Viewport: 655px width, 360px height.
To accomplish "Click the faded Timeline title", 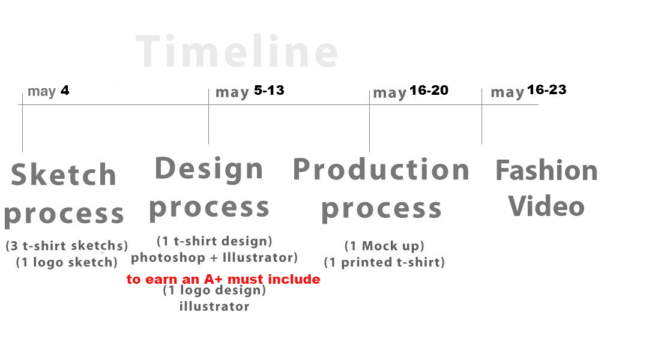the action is pos(237,51).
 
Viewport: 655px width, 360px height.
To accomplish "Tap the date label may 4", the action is pos(48,91).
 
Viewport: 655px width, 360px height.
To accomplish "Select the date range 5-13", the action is pos(269,90).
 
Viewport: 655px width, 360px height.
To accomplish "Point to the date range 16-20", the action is pos(429,90).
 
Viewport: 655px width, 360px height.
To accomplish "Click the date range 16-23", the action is pos(546,90).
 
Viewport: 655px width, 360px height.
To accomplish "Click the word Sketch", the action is pos(64,175).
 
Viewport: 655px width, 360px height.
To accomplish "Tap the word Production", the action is pos(381,170).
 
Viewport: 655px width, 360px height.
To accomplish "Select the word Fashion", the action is pos(546,170).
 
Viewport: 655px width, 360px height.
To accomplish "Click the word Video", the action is pos(546,206).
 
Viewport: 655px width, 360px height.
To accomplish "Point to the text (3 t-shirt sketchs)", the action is pos(67,245).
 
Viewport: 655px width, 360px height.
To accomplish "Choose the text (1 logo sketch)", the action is pos(67,262).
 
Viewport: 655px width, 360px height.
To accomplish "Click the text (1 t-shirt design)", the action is pos(214,241).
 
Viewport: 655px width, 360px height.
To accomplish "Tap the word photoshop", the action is pos(168,257).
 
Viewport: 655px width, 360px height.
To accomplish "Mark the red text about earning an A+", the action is pos(223,279).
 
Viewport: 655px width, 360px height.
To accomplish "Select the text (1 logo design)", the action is pos(214,290).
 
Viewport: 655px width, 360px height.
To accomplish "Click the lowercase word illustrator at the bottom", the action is pos(214,306).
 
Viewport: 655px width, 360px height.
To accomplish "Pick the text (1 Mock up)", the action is pos(384,246).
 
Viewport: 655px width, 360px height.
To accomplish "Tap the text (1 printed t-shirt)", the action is pos(384,262).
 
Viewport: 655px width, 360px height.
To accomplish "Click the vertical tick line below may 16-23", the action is pos(481,116).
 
